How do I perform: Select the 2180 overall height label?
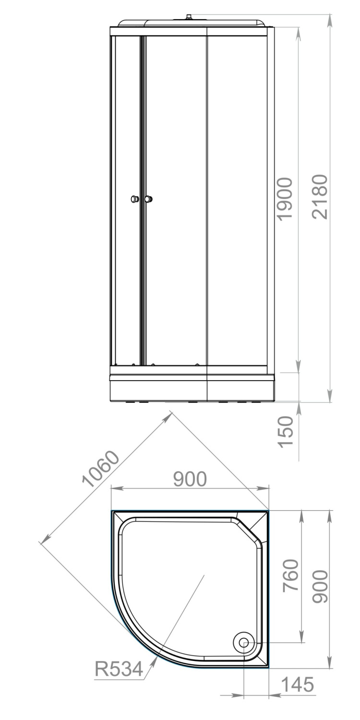pos(320,197)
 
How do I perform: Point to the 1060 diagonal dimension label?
pos(100,469)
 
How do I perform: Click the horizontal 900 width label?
pos(190,479)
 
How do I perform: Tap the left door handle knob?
pos(135,199)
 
